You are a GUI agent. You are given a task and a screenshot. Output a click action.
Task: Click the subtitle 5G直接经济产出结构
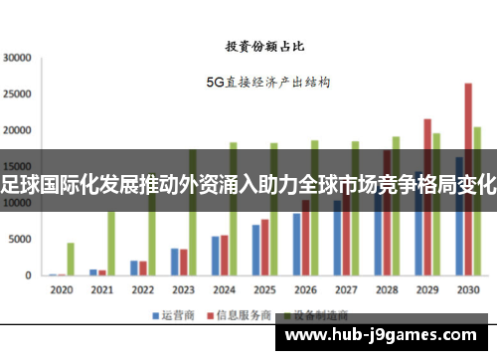(267, 83)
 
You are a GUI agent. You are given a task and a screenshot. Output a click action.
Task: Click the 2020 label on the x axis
(62, 290)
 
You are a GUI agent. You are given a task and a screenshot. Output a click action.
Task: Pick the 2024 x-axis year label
(224, 290)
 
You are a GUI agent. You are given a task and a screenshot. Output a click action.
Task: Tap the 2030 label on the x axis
(467, 290)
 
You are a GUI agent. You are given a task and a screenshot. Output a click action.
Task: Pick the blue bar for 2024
(215, 256)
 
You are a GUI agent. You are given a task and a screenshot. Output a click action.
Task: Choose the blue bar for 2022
(134, 268)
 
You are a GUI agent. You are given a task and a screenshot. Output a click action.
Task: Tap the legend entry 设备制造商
(304, 315)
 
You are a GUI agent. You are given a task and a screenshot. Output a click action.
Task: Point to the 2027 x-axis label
(346, 290)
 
